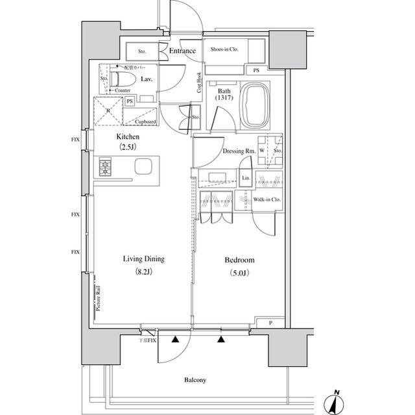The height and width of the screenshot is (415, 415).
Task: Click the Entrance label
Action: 183,51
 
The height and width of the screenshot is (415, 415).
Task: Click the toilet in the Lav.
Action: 122,79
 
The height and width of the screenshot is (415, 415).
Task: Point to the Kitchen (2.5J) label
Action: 127,142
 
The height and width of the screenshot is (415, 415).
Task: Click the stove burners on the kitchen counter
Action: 106,168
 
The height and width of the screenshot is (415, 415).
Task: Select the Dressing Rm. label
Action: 237,151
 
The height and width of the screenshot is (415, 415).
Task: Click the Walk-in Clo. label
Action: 267,199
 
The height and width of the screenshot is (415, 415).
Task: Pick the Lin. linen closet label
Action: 245,177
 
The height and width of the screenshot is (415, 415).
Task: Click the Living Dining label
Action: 144,259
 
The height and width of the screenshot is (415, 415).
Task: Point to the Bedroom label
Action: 239,260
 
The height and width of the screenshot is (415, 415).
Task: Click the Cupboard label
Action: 145,121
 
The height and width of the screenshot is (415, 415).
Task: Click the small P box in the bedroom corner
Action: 270,322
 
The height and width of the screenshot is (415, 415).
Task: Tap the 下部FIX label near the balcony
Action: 148,340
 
